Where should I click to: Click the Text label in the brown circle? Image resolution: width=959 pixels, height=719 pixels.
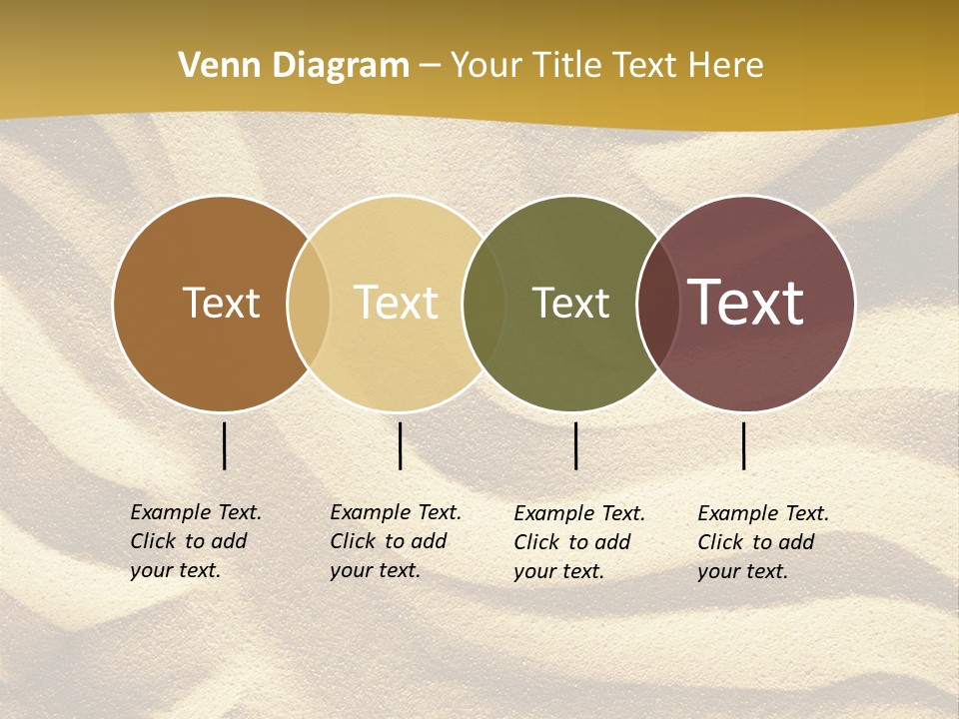221,303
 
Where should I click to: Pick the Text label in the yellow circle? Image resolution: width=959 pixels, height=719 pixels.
397,303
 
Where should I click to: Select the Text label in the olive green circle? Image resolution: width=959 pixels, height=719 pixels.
570,303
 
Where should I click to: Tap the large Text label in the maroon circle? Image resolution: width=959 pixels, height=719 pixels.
745,303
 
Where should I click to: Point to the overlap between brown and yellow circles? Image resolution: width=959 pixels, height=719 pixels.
309,303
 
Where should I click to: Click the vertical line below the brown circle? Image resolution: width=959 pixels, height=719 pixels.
224,445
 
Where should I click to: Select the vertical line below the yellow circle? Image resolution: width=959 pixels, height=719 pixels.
400,445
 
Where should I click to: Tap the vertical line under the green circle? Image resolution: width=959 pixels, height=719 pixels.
575,445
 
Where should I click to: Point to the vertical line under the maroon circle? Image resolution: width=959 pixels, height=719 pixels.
743,445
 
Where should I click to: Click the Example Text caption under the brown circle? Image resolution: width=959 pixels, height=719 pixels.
196,541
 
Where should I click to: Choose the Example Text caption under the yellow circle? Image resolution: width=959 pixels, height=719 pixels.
396,541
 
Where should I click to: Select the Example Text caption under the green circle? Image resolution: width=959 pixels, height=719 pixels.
579,542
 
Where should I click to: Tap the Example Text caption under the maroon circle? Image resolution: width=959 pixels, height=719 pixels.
763,542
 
